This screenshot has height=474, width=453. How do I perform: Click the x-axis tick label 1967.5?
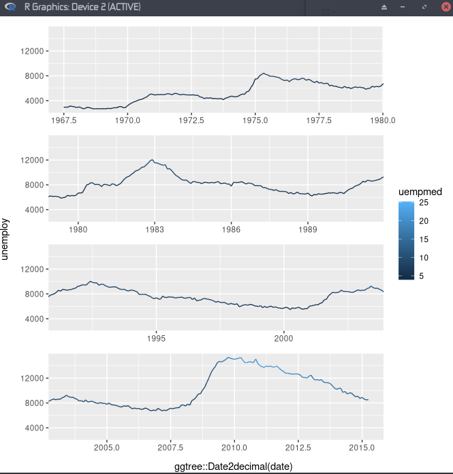pyautogui.click(x=63, y=120)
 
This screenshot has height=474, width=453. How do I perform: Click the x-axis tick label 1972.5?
pyautogui.click(x=191, y=120)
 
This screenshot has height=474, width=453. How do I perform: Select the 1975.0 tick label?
pyautogui.click(x=255, y=120)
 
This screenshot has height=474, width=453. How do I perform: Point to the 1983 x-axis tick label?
pyautogui.click(x=155, y=229)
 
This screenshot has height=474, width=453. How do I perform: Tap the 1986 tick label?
pyautogui.click(x=232, y=229)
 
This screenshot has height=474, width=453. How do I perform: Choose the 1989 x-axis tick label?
pyautogui.click(x=308, y=229)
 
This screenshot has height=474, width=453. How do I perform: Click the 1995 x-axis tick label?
pyautogui.click(x=157, y=338)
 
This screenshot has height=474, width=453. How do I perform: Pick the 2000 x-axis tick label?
pyautogui.click(x=283, y=338)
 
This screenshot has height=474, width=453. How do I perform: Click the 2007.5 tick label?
pyautogui.click(x=170, y=447)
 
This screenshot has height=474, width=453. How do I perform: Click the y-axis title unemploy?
pyautogui.click(x=6, y=239)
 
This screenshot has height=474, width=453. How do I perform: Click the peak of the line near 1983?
pyautogui.click(x=153, y=160)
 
